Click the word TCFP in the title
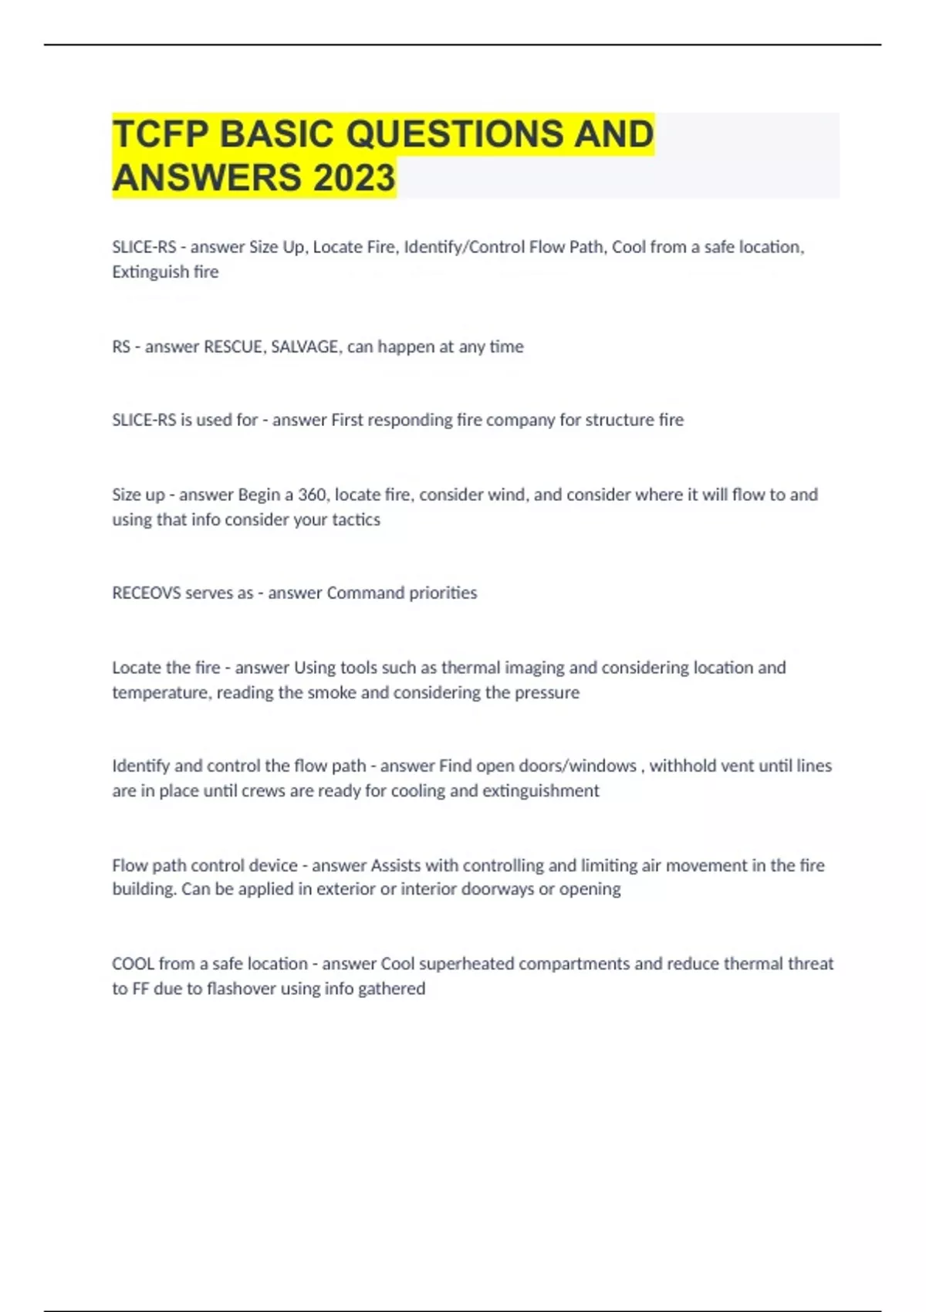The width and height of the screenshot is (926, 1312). [x=161, y=134]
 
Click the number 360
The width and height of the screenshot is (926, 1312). [x=312, y=495]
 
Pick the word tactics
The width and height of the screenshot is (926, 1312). [x=356, y=519]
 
